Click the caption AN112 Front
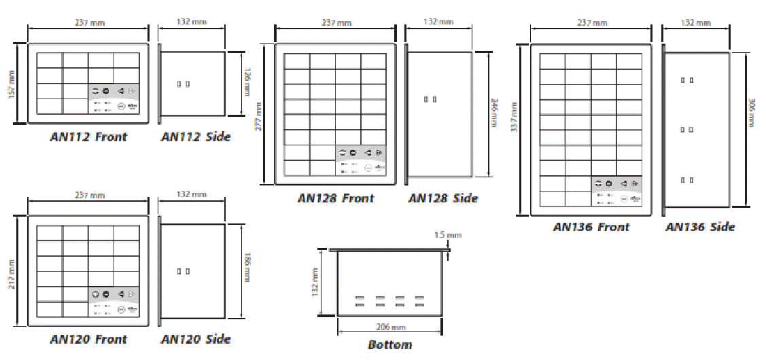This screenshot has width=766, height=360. point(88,137)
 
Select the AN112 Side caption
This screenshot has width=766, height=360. point(196,137)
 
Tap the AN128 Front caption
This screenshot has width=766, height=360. point(336,198)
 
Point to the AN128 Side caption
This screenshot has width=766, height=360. point(443,198)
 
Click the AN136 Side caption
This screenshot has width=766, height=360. point(700,227)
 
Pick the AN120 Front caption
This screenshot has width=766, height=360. point(88,339)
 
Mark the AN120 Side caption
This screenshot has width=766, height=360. point(196,339)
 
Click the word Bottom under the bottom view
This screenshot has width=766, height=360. point(389,344)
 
